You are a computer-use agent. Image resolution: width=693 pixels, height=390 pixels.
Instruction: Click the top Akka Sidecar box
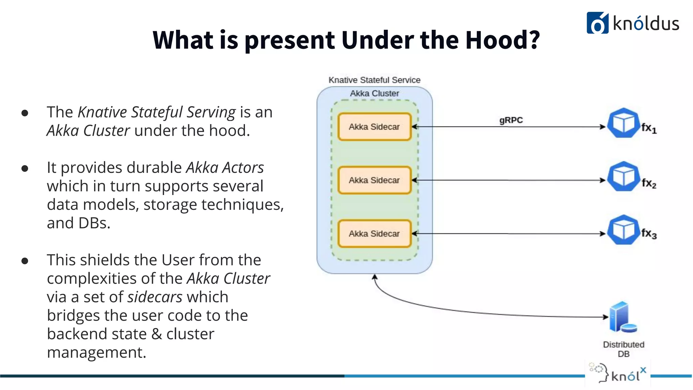(374, 127)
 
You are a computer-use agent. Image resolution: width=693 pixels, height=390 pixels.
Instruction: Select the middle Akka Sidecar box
(374, 180)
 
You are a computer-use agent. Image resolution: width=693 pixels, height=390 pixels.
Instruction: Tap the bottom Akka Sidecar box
(374, 234)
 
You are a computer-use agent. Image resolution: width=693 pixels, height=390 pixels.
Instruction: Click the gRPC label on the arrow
(511, 120)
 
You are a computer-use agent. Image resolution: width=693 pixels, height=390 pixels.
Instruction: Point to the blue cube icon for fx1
(623, 123)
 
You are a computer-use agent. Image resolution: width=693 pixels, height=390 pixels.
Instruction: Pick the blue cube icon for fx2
(623, 176)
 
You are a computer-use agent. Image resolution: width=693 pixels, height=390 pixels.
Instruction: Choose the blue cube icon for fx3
(623, 230)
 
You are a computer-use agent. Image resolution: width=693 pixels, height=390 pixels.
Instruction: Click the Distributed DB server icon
(622, 317)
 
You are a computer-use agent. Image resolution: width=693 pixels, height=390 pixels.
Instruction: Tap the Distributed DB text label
(623, 349)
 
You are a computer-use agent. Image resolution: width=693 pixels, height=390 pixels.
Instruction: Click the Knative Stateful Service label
(374, 80)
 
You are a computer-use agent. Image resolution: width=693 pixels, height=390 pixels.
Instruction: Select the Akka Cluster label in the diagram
(374, 93)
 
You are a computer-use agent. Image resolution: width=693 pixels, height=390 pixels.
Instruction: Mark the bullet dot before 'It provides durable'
(25, 168)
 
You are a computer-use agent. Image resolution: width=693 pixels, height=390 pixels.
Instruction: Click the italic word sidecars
(155, 297)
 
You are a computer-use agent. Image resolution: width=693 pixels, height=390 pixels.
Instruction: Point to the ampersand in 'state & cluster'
(156, 334)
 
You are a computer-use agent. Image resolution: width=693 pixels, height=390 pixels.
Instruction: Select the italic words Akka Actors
(225, 168)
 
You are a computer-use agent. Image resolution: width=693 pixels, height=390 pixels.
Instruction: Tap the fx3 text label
(649, 234)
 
